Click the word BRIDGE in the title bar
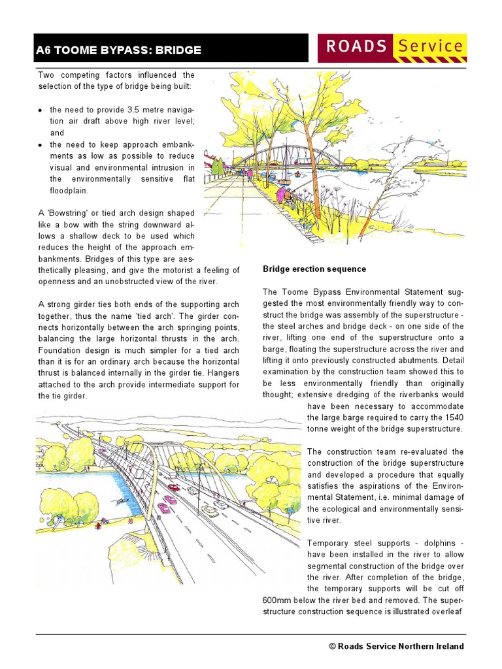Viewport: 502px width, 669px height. click(178, 50)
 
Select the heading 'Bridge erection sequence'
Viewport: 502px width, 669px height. click(314, 269)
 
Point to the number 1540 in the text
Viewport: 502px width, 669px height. click(451, 417)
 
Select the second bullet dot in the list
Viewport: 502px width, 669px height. click(41, 144)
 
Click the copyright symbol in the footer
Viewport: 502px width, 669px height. click(332, 646)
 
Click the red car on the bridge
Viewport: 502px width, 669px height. click(174, 487)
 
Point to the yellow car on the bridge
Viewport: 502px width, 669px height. click(210, 512)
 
